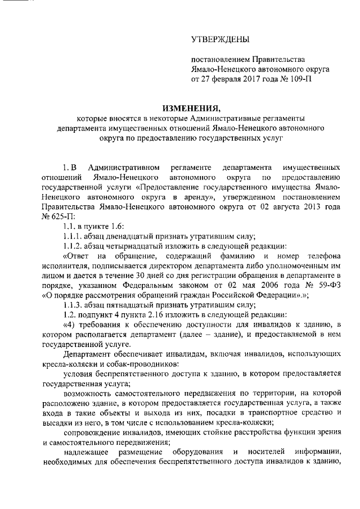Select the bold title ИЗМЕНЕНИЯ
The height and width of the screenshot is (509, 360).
pyautogui.click(x=179, y=107)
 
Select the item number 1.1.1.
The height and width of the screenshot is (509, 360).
pyautogui.click(x=73, y=236)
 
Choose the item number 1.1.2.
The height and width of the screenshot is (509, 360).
pyautogui.click(x=73, y=246)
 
